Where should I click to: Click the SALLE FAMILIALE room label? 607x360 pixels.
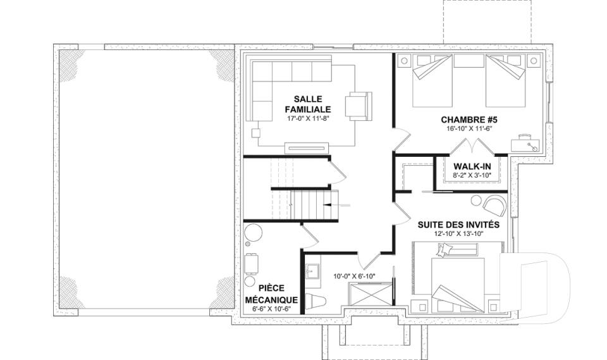[x=308, y=104]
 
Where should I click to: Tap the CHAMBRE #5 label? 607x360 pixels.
[x=469, y=120]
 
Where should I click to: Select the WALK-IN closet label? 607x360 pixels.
[x=472, y=166]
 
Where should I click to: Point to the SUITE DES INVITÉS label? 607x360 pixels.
[x=459, y=225]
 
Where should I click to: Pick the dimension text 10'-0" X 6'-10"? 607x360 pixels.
[x=354, y=276]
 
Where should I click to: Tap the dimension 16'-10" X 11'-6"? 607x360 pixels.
[x=469, y=128]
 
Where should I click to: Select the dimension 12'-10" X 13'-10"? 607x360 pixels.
[x=459, y=233]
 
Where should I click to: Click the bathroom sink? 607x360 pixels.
[x=312, y=271]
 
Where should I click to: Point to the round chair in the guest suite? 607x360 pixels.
[x=494, y=206]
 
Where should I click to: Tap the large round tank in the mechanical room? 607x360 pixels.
[x=254, y=233]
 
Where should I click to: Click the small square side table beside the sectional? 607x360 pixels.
[x=256, y=133]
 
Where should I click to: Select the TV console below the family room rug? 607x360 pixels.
[x=307, y=147]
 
